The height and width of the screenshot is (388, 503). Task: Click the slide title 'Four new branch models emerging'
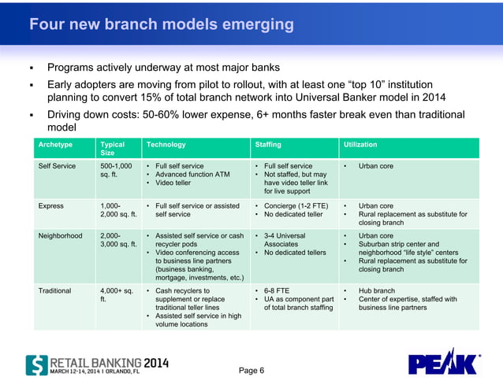click(x=162, y=24)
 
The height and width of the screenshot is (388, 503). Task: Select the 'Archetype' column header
click(x=56, y=145)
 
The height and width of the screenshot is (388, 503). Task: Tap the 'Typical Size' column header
click(x=113, y=149)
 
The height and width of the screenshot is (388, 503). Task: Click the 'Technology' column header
click(x=165, y=145)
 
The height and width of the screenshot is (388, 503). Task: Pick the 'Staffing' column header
click(x=268, y=145)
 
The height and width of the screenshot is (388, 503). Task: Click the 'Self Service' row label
click(x=58, y=167)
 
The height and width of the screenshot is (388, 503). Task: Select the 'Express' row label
click(x=51, y=205)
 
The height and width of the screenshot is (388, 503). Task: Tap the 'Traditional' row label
click(x=55, y=290)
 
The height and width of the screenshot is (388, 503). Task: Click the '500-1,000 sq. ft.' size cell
click(x=116, y=171)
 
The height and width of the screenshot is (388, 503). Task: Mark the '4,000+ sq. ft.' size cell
click(x=116, y=294)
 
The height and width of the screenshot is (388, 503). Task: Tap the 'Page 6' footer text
click(x=251, y=371)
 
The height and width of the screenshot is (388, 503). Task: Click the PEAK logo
click(x=443, y=362)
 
